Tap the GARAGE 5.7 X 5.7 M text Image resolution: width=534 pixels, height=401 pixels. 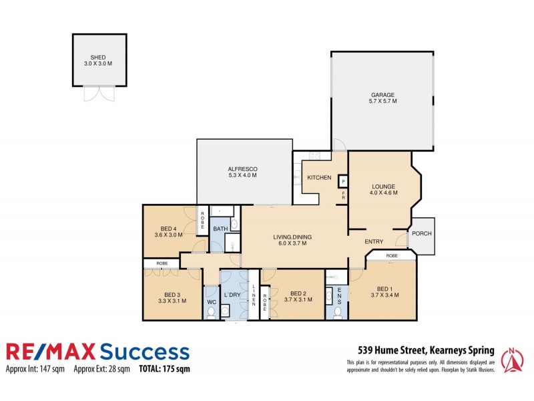point(383,98)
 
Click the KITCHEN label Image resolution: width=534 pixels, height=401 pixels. point(319,177)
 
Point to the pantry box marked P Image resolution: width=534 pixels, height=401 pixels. point(343,181)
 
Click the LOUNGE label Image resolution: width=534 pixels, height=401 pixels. point(384,189)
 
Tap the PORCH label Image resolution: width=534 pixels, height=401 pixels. point(421,234)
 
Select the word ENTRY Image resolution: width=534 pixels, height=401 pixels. point(374,241)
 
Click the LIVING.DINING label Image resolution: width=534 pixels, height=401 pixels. point(293,240)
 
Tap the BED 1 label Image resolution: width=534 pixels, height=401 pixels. point(383,289)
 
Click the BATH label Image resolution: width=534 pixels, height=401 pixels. point(220,229)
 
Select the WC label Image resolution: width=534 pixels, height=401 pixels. point(211,302)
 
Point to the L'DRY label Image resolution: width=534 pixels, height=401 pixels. point(232,295)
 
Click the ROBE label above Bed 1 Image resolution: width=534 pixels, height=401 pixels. point(392,256)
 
